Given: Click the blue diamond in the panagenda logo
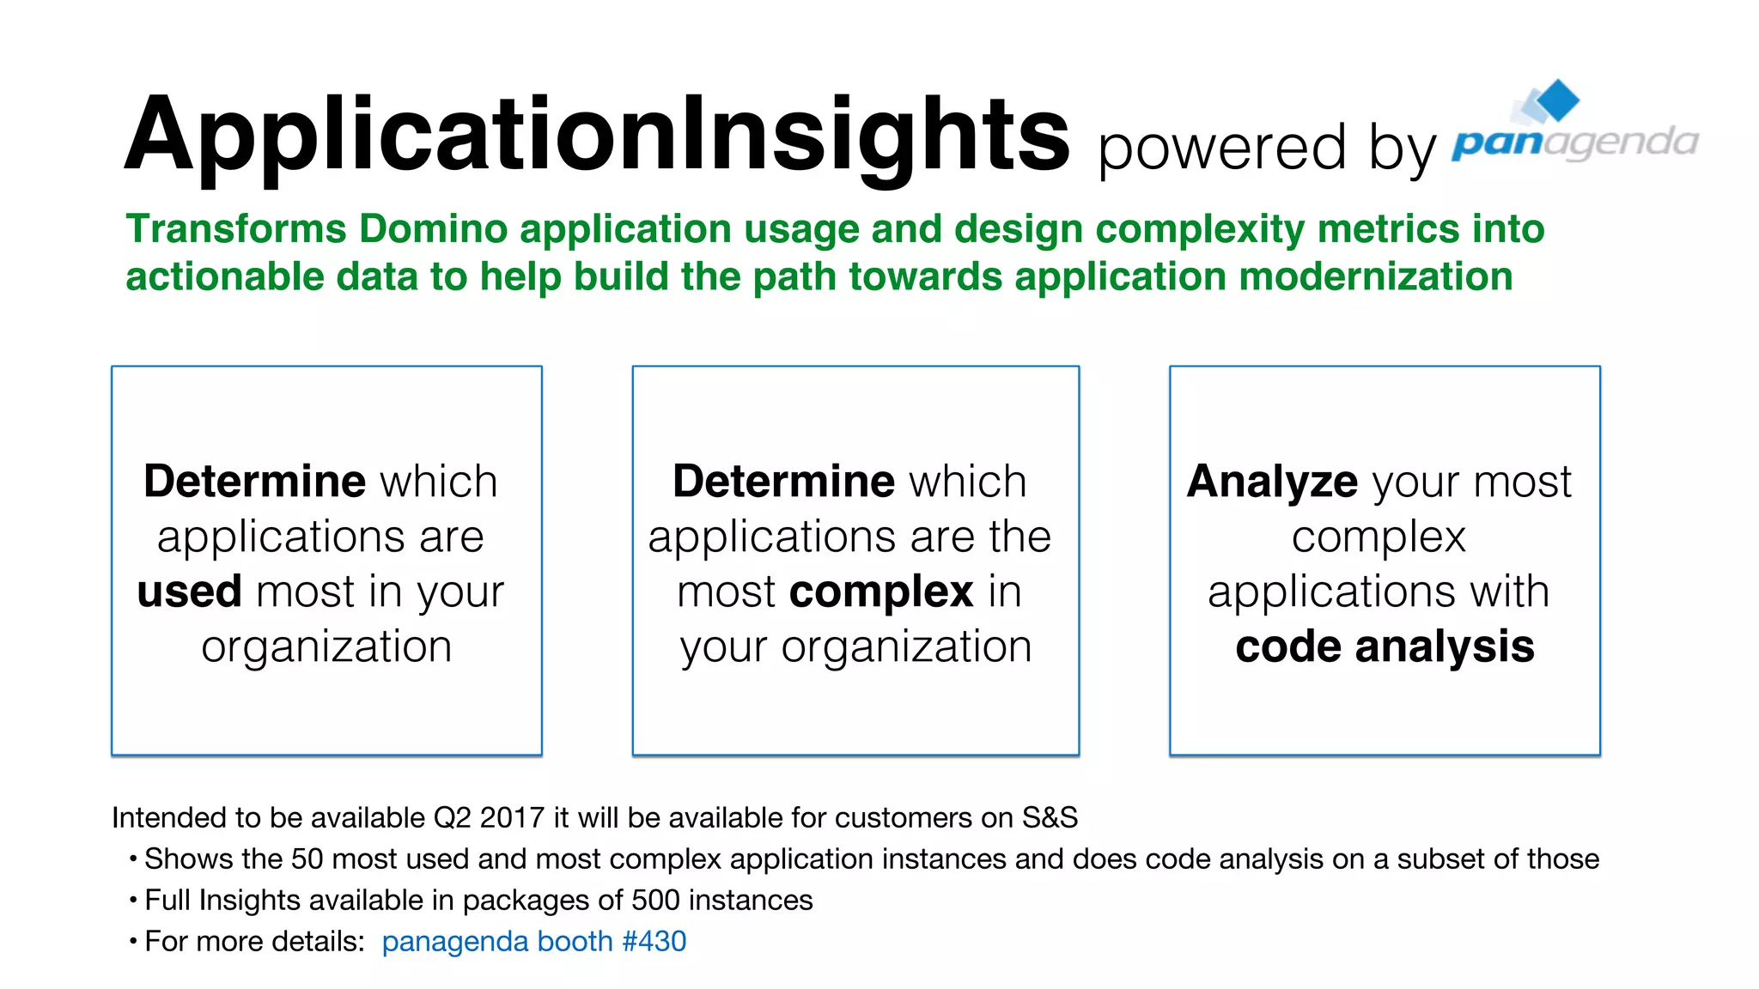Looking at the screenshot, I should pos(1557,100).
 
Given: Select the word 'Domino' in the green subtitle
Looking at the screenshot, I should pos(434,229).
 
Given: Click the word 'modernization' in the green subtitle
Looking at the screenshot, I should pos(1375,277).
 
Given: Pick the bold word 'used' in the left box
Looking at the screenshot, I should pos(189,592).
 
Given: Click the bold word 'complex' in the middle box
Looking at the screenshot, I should pos(880,592).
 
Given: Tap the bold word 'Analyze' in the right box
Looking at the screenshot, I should pos(1272,481).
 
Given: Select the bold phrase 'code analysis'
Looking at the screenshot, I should pos(1385,646).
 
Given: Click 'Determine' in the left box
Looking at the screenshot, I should pos(254,481).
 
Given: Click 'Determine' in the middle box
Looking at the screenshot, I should pos(783,481).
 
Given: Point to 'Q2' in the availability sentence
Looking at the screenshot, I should pos(452,818).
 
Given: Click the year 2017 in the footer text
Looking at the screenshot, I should pos(512,818).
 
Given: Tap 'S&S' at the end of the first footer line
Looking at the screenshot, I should pos(1049,818).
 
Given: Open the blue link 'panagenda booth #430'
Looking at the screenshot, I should pos(533,942).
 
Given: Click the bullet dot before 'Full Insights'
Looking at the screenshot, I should pos(133,901).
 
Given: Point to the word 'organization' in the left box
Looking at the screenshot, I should pos(326,647).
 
